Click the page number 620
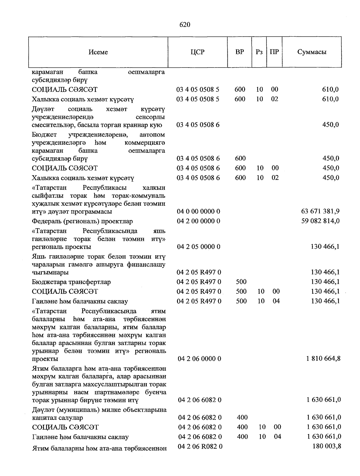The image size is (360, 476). pyautogui.click(x=185, y=25)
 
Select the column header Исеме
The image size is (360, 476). pyautogui.click(x=98, y=52)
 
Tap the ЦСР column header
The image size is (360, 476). pyautogui.click(x=197, y=52)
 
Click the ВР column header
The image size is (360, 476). pyautogui.click(x=240, y=52)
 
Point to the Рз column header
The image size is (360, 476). pyautogui.click(x=259, y=52)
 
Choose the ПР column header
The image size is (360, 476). pyautogui.click(x=274, y=52)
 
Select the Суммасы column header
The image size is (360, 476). pyautogui.click(x=312, y=52)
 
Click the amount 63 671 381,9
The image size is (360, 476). pyautogui.click(x=320, y=211)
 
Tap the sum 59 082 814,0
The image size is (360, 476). pyautogui.click(x=320, y=221)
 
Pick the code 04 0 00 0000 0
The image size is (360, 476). pyautogui.click(x=198, y=211)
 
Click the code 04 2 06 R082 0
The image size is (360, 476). pyautogui.click(x=200, y=447)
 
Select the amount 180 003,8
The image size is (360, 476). pyautogui.click(x=327, y=446)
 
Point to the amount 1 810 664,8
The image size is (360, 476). pyautogui.click(x=323, y=359)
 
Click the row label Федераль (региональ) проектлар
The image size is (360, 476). pyautogui.click(x=82, y=221)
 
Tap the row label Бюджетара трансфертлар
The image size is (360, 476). pyautogui.click(x=71, y=282)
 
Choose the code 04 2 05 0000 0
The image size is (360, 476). pyautogui.click(x=198, y=247)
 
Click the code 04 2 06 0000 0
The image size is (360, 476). pyautogui.click(x=199, y=359)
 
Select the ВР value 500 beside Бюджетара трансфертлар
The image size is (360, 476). pyautogui.click(x=241, y=282)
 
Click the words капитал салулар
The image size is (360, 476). pyautogui.click(x=58, y=418)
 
